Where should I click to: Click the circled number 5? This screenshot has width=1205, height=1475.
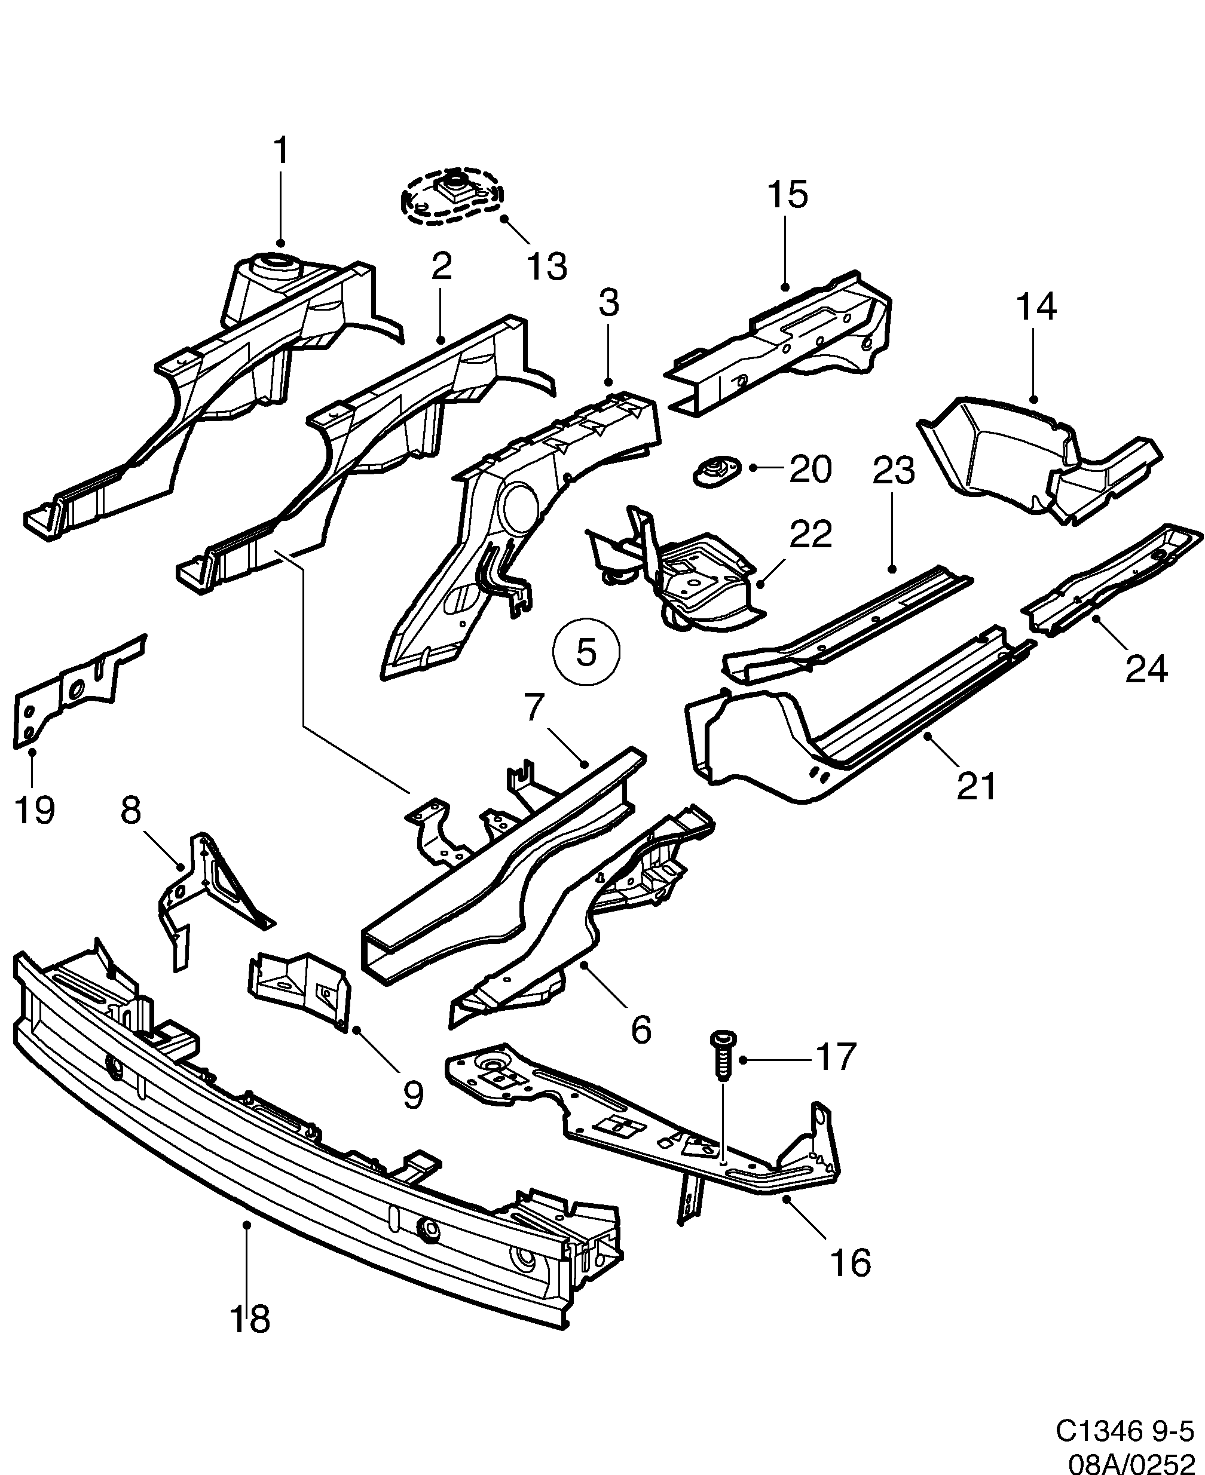click(586, 652)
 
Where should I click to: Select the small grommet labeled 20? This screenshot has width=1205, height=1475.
click(715, 472)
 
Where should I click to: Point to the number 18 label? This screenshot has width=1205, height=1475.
click(250, 1319)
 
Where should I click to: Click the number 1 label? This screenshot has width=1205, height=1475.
click(280, 151)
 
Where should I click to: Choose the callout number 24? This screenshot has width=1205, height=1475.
click(1146, 669)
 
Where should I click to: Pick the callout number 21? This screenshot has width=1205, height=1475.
click(976, 786)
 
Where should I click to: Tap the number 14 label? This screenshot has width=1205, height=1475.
click(1036, 306)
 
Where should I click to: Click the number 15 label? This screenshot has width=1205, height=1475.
click(788, 195)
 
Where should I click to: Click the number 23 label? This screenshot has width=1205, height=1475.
click(894, 471)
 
